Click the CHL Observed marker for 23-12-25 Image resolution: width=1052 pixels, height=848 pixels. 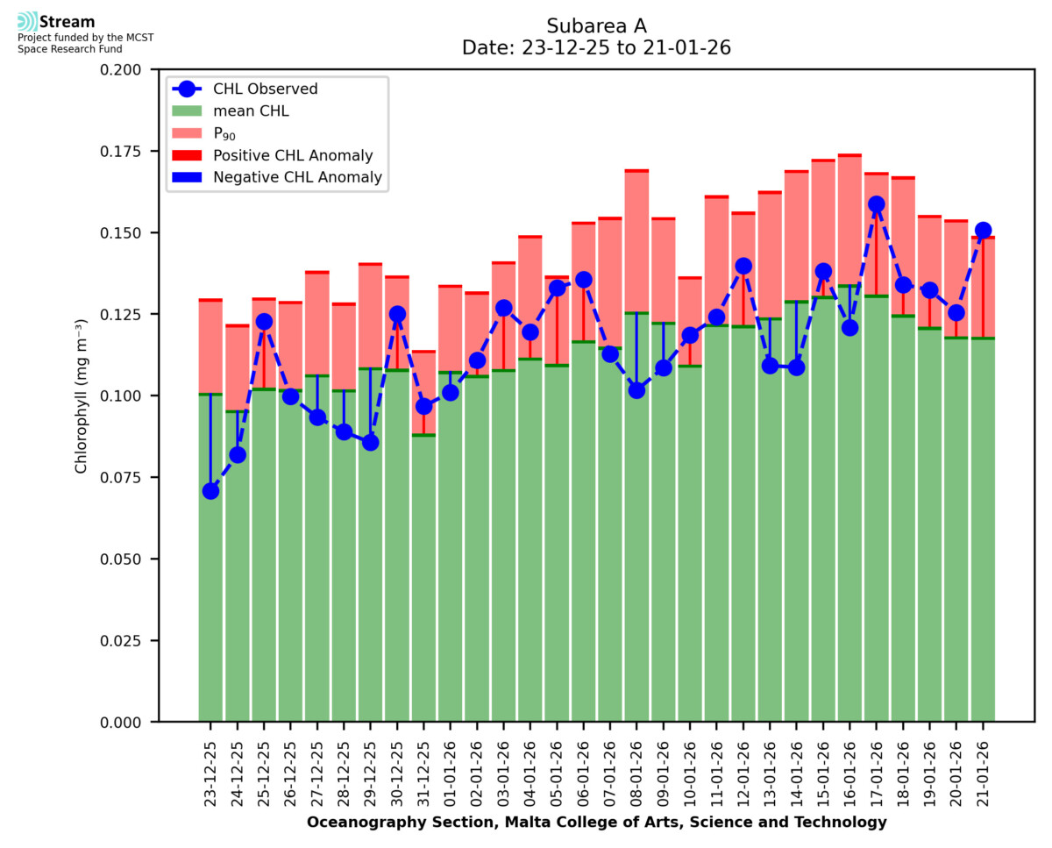click(x=210, y=491)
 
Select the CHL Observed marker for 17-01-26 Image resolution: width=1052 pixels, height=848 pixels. click(x=876, y=204)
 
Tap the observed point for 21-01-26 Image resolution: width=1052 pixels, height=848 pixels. click(x=983, y=231)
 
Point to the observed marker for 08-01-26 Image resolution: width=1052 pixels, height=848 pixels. click(x=636, y=390)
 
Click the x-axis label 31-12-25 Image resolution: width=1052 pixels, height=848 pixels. click(x=423, y=766)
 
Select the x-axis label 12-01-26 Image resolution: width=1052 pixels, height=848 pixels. click(x=743, y=766)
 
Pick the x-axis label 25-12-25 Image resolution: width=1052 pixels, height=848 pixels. click(x=264, y=766)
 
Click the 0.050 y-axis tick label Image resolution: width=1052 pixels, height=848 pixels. click(x=122, y=559)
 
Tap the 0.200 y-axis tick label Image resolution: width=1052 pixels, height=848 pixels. click(x=122, y=70)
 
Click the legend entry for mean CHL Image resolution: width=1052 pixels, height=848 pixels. click(x=251, y=111)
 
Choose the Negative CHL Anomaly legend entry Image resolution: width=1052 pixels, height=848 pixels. click(x=297, y=178)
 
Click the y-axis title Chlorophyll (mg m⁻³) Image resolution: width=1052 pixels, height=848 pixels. click(x=82, y=395)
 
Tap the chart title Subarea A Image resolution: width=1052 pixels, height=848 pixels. click(x=596, y=25)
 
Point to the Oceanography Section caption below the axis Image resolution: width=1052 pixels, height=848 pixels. click(x=596, y=823)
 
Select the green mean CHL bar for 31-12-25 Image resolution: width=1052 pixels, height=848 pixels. click(x=423, y=579)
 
